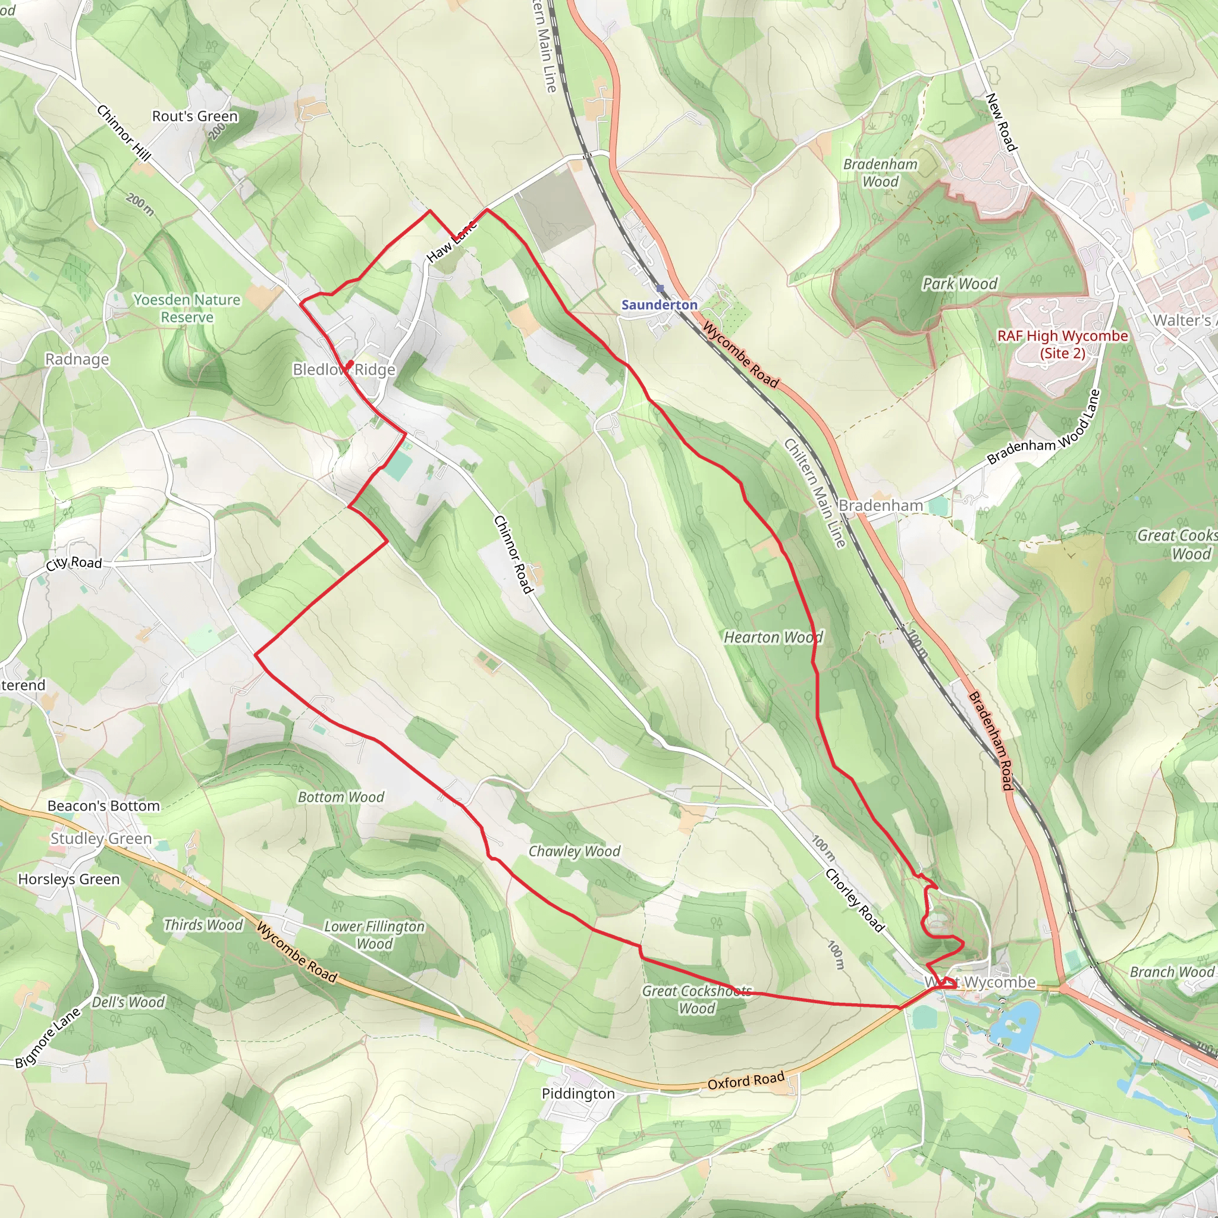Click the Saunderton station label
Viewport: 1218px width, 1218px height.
click(x=659, y=305)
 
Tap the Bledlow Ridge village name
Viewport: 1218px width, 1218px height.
click(x=344, y=369)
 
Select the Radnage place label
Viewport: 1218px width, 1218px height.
click(x=77, y=359)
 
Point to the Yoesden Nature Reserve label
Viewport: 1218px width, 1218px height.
click(x=187, y=308)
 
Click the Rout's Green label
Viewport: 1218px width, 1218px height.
click(x=195, y=116)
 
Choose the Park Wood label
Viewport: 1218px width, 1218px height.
click(x=959, y=284)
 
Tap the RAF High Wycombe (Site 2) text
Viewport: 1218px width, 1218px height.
click(x=1062, y=344)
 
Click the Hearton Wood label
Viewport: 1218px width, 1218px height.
click(x=773, y=638)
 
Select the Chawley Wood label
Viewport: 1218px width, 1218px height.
click(x=574, y=851)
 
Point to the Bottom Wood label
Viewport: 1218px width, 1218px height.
click(x=340, y=797)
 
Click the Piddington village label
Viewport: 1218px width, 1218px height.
click(x=578, y=1093)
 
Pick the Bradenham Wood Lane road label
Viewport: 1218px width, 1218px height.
click(x=1043, y=429)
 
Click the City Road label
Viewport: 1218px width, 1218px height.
click(x=74, y=563)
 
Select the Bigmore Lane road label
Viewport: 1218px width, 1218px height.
click(x=48, y=1038)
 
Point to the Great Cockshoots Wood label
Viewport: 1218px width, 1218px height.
click(x=696, y=999)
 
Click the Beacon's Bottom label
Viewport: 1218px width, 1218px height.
click(x=103, y=806)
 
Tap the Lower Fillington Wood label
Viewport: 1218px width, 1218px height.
click(x=374, y=934)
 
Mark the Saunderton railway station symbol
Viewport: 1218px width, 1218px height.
click(x=660, y=288)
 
